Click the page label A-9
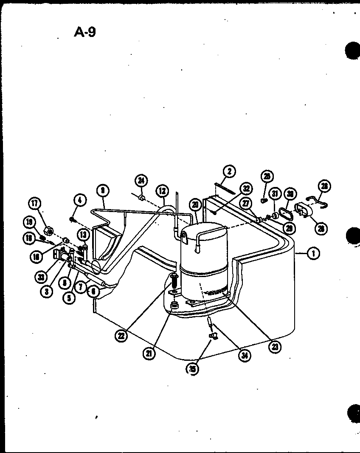pyautogui.click(x=84, y=32)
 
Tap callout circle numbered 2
pyautogui.click(x=229, y=172)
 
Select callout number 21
pyautogui.click(x=149, y=354)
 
